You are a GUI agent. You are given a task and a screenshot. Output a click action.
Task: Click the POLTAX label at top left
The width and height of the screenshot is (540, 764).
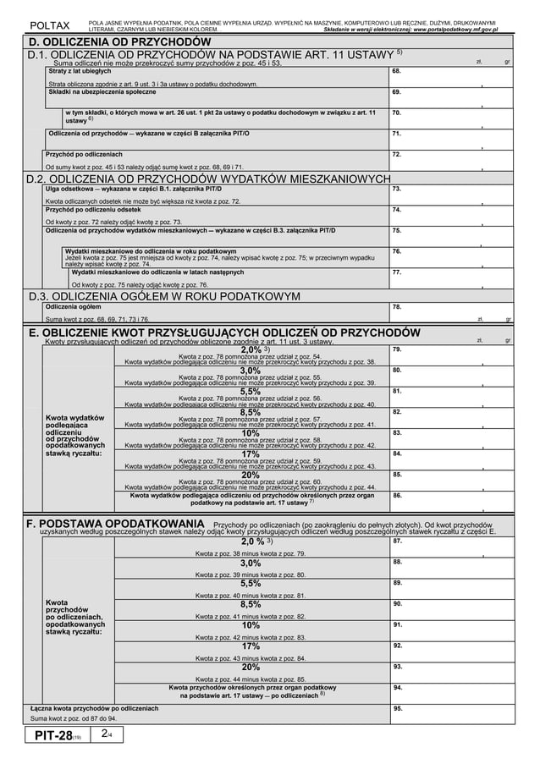50,25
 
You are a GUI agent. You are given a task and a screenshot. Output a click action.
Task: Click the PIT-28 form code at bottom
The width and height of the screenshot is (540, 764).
55,737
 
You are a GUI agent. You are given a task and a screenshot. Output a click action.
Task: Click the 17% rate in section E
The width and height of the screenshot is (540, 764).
251,454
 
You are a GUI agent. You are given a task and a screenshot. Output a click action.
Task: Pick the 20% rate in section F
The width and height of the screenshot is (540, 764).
251,668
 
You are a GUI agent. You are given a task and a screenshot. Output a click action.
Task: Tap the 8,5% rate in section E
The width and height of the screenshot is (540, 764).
251,412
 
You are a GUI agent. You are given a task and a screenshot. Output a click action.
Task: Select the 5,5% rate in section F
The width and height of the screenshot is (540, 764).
251,583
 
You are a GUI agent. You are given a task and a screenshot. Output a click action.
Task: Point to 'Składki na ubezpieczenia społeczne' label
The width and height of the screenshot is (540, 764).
98,91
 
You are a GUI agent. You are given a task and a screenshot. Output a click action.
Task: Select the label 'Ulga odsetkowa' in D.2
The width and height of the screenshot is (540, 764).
70,190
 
